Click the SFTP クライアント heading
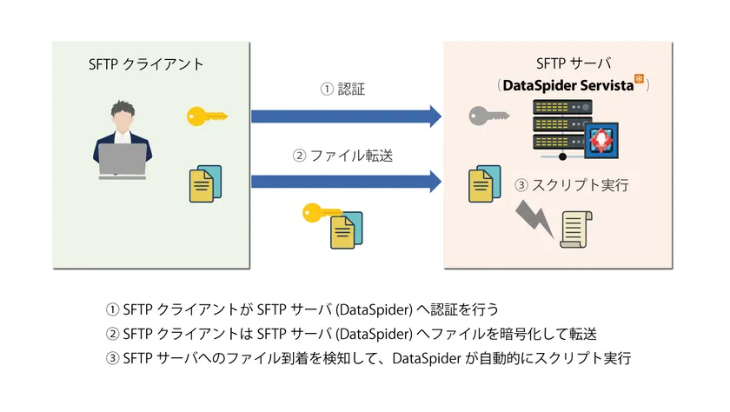(146, 64)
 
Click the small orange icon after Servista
(640, 79)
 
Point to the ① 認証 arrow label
(343, 89)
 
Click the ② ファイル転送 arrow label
(343, 156)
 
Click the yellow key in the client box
(207, 115)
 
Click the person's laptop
(123, 161)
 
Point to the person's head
(123, 113)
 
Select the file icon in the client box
(204, 183)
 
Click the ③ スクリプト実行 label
(571, 185)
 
